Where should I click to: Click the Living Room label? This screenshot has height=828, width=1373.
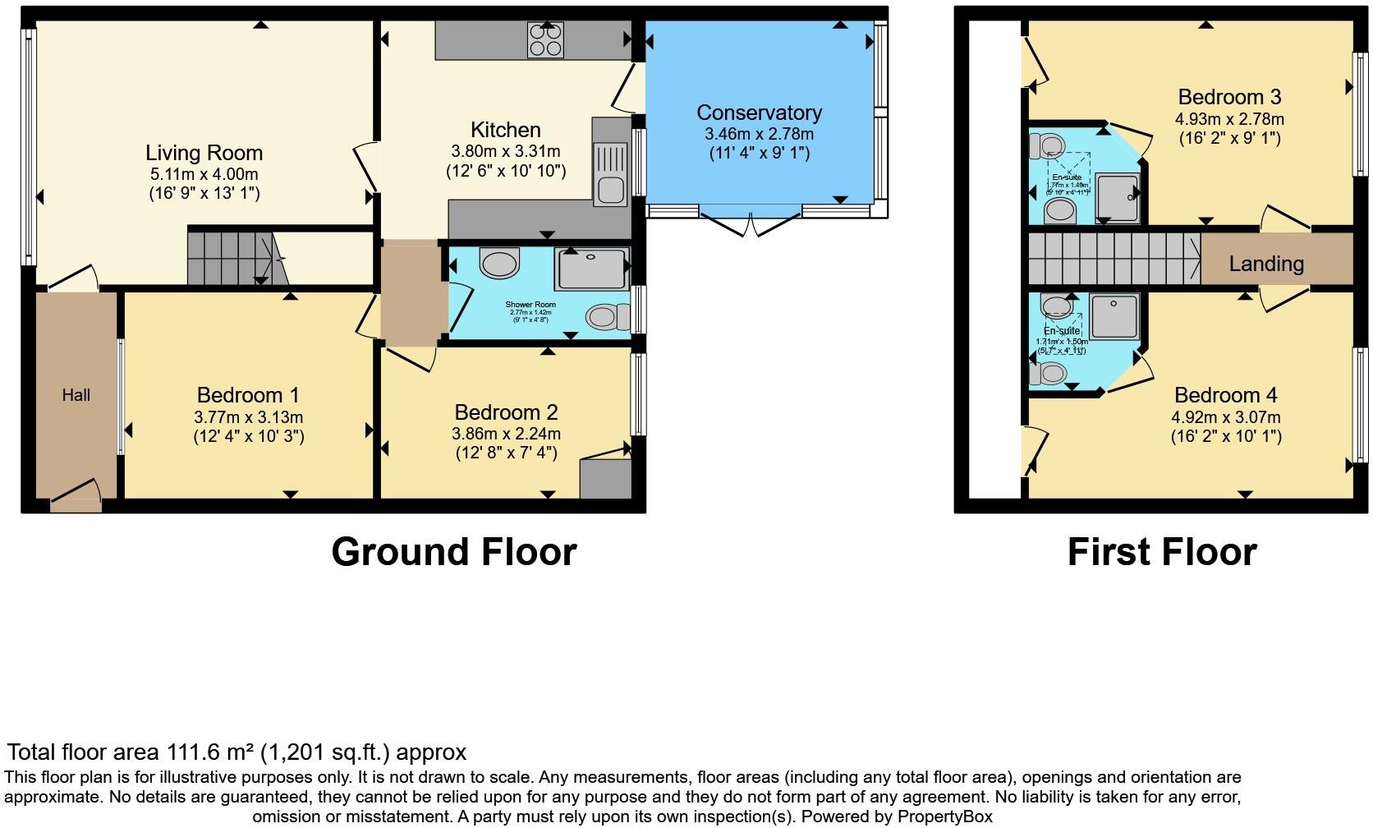click(x=204, y=153)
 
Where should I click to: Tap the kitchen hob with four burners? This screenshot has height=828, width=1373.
click(x=546, y=39)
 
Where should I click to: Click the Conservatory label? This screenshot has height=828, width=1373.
click(x=759, y=113)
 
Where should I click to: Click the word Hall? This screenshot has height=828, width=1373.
click(x=76, y=395)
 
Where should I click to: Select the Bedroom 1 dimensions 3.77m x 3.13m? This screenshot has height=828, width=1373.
click(x=249, y=416)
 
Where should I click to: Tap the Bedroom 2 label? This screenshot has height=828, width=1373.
click(x=506, y=412)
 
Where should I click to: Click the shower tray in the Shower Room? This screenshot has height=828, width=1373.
click(x=591, y=268)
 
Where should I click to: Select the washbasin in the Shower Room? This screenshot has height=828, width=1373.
click(x=499, y=264)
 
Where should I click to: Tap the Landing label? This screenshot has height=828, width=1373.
click(x=1266, y=264)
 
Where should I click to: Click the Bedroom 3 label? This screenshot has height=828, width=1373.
click(x=1229, y=97)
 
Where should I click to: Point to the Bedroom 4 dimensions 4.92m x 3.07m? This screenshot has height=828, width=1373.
click(x=1225, y=416)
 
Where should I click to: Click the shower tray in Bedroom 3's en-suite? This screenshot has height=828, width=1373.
click(x=1117, y=197)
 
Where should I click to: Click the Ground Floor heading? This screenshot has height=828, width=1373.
click(x=454, y=552)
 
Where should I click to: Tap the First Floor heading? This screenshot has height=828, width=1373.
click(x=1161, y=552)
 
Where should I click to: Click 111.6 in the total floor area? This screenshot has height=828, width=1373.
click(x=197, y=752)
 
